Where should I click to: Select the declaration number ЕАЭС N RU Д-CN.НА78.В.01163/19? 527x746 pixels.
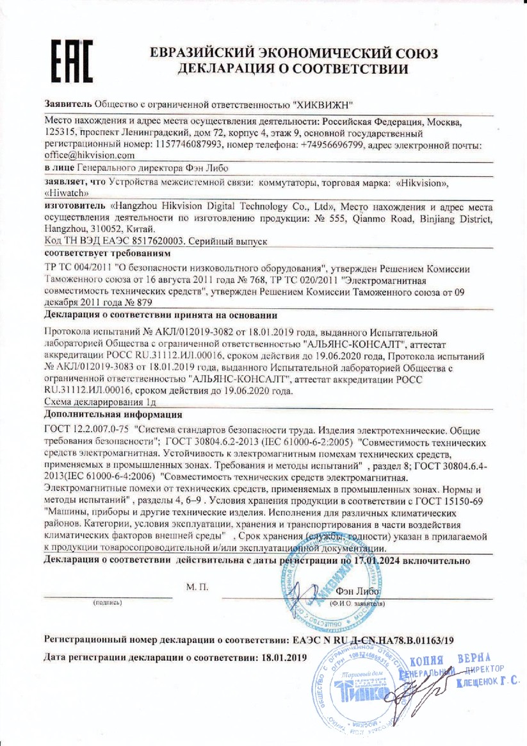(373, 640)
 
